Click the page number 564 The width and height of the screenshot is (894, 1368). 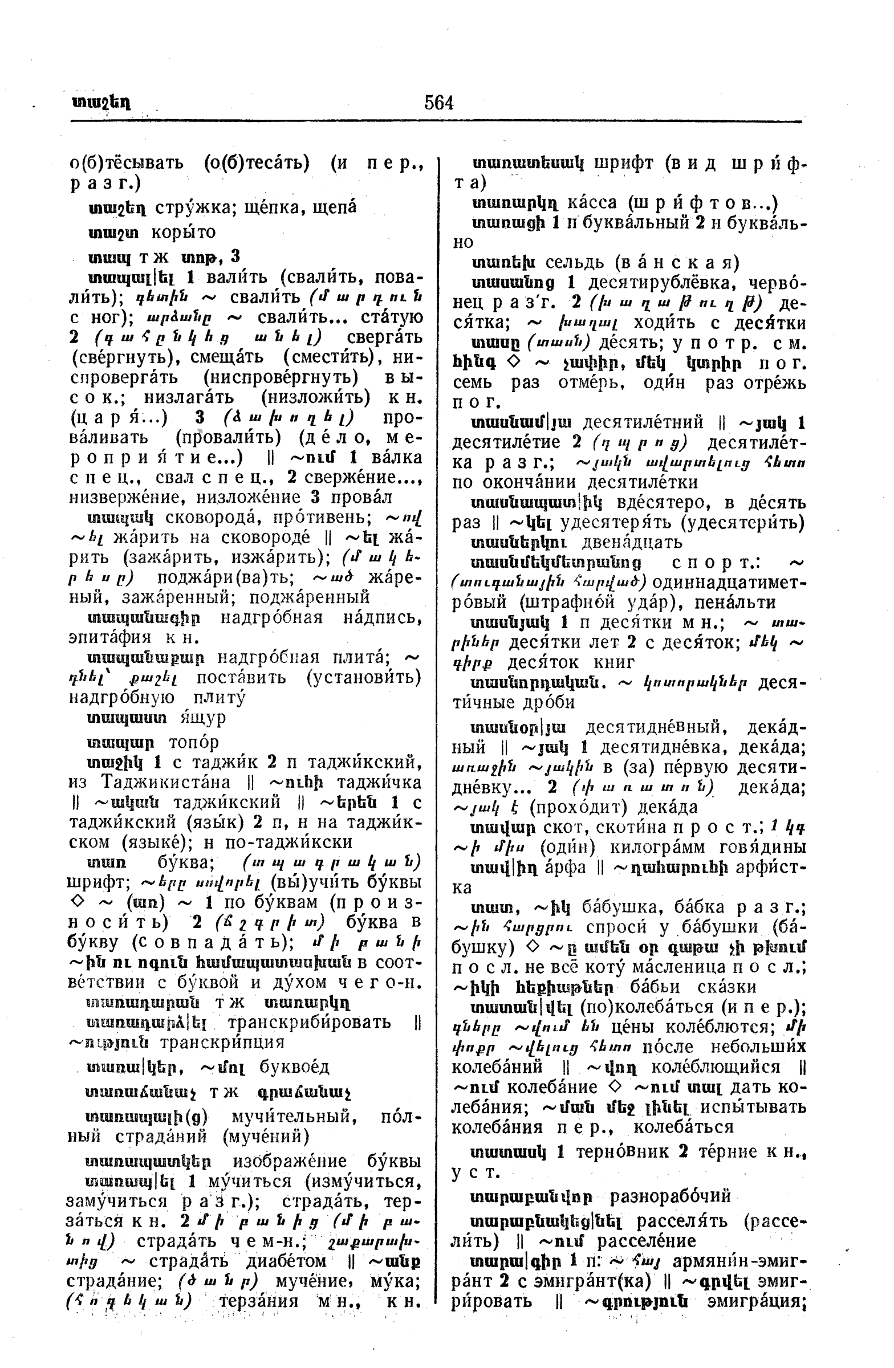438,103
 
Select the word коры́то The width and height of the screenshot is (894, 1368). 184,232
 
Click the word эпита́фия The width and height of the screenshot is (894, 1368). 110,638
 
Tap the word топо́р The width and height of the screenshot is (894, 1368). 194,743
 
